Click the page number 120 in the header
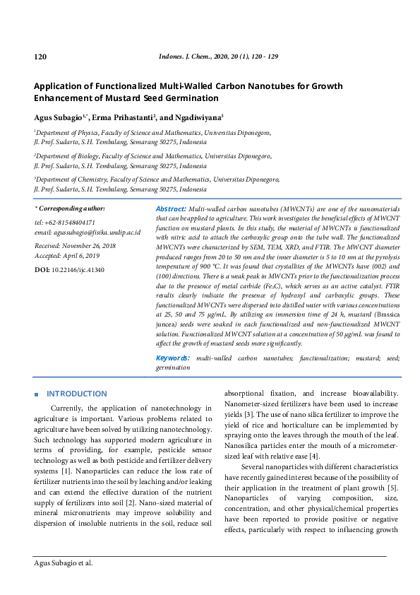click(40, 56)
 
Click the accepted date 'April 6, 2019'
click(80, 255)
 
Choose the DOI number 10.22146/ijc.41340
click(78, 270)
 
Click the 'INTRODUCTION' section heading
click(77, 394)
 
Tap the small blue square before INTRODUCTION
click(36, 394)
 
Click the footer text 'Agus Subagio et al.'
click(64, 564)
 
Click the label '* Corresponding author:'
click(70, 209)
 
